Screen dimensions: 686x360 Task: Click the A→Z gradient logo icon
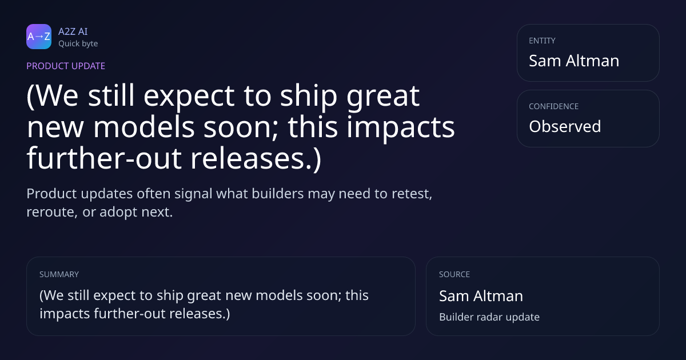[x=39, y=37]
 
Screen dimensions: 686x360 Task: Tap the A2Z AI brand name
[x=73, y=31]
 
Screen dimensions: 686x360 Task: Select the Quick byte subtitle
[x=78, y=44]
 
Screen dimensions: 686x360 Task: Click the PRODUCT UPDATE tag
[x=66, y=66]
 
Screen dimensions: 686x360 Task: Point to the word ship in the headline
[x=309, y=96]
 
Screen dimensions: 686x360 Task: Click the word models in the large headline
[x=144, y=127]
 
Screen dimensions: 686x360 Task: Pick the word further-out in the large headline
[x=104, y=159]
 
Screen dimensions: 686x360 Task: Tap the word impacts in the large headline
[x=401, y=128]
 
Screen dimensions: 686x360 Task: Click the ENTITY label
[x=542, y=41]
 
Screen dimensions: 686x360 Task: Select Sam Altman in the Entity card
[x=574, y=61]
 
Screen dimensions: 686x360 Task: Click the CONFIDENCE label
[x=554, y=106]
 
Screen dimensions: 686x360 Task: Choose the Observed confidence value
[x=565, y=126]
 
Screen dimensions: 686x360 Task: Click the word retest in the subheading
[x=412, y=194]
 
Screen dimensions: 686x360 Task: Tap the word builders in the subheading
[x=278, y=194]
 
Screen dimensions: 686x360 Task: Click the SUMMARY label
[x=59, y=274]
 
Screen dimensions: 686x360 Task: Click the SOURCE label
[x=454, y=274]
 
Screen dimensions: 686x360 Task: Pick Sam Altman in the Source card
[x=481, y=296]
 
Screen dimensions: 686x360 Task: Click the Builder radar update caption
[x=489, y=317]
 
